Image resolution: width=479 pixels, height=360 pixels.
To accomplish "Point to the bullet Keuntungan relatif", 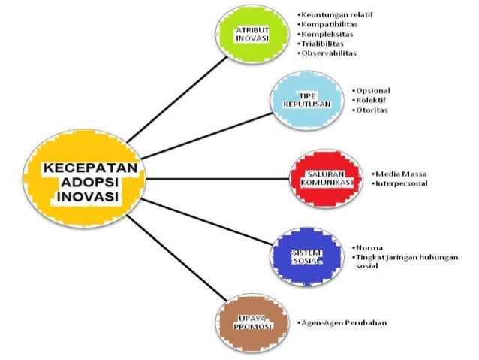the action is click(x=336, y=14).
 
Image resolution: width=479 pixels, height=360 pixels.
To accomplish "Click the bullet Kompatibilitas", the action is click(x=330, y=24).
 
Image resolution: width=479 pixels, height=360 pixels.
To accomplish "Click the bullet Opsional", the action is click(x=372, y=90).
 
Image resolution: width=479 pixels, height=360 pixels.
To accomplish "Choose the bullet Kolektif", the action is click(x=370, y=100).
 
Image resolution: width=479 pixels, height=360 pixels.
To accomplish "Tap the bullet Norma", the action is click(x=369, y=247).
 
